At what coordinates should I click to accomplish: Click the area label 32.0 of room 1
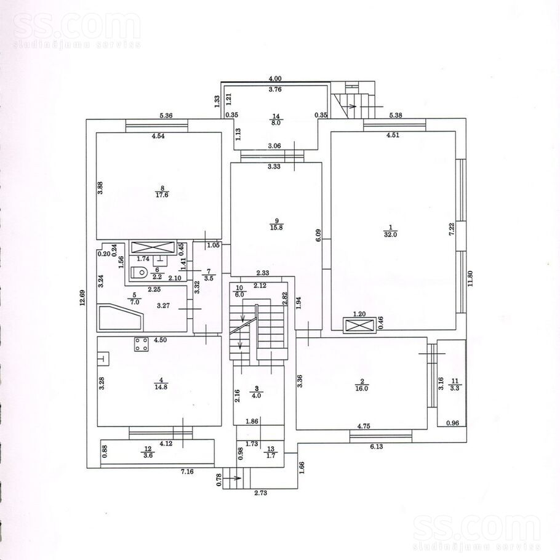pos(390,234)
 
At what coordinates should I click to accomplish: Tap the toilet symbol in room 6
pos(140,273)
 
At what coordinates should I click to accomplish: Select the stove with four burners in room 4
pos(142,344)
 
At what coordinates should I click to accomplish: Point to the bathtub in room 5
pos(121,317)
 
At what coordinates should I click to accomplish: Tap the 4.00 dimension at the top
pos(275,79)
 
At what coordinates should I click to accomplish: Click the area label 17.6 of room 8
pos(162,194)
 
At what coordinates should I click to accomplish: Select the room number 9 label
pos(276,221)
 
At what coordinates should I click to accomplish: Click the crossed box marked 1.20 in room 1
pos(359,326)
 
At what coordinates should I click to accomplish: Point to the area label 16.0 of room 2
pos(362,388)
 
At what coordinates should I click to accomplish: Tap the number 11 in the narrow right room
pos(455,382)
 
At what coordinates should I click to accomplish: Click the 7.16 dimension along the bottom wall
pos(187,471)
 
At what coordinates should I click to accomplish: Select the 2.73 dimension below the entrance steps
pos(261,493)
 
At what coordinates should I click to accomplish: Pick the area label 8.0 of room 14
pos(276,122)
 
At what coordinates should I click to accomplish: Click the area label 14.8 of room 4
pos(161,386)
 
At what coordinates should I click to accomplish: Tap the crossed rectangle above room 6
pos(153,247)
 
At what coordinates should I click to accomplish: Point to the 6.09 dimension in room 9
pos(319,236)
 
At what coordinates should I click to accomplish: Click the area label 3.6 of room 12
pos(148,455)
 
